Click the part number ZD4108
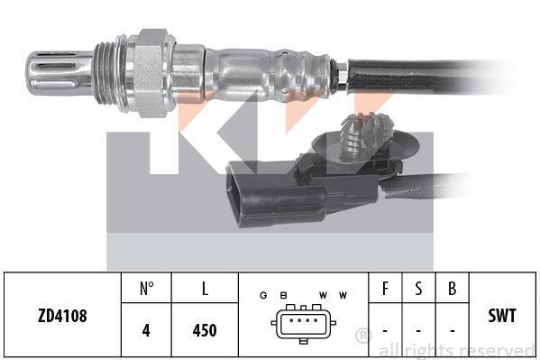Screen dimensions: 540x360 pos(62,316)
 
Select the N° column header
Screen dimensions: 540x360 pos(147,289)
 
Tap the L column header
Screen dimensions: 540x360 pos(205,289)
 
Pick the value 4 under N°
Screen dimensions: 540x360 pos(146,330)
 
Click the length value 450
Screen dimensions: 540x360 pos(205,330)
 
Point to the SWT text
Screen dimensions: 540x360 pos(502,316)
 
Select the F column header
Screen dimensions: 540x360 pos(385,289)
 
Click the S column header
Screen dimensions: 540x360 pos(418,289)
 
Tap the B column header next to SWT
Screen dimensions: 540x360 pos(453,289)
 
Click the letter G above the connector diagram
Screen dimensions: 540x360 pos(263,295)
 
